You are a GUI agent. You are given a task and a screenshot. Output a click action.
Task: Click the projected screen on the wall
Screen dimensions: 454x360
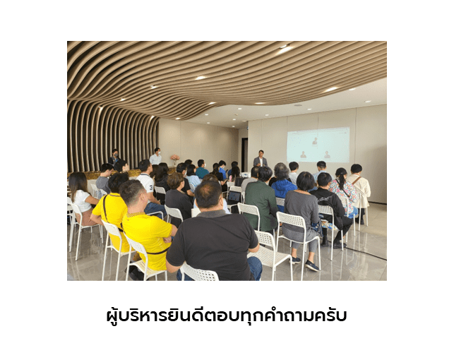(318, 145)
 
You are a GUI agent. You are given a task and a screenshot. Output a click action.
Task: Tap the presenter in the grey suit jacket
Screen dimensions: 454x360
(261, 159)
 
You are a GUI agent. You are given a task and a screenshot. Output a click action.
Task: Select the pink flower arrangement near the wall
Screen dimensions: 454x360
(175, 160)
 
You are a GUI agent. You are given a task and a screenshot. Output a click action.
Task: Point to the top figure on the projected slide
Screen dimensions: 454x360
(315, 141)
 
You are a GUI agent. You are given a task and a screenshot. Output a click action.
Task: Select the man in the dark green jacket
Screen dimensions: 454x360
(261, 200)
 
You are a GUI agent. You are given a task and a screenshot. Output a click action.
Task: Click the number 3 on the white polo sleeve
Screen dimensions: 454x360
(151, 187)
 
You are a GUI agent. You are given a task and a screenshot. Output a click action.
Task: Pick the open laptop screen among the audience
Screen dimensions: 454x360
(234, 197)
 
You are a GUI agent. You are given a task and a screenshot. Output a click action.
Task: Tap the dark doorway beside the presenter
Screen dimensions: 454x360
(245, 155)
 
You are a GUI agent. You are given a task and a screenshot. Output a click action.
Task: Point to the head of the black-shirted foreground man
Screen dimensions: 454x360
(208, 195)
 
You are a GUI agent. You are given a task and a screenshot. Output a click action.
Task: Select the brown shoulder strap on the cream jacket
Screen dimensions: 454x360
(355, 180)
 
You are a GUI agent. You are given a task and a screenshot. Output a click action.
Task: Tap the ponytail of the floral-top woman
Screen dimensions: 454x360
(343, 181)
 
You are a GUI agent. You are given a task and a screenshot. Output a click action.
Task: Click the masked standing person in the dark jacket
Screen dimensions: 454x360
(114, 157)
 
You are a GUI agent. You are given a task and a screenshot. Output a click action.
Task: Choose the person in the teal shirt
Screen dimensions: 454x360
(201, 169)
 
